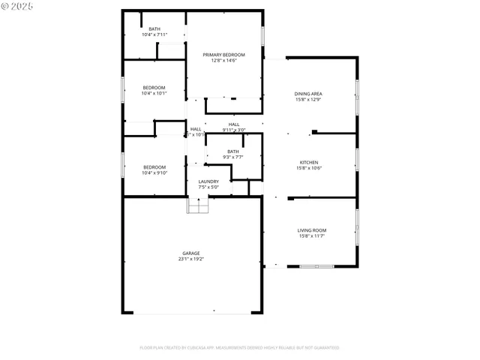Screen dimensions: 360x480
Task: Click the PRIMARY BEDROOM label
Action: [x=224, y=55]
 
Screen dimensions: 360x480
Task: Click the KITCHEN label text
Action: [x=310, y=163]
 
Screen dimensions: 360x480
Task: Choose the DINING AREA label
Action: [x=308, y=94]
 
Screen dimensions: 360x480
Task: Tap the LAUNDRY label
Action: [x=208, y=181]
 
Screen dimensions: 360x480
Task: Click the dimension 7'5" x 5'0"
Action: [x=208, y=187]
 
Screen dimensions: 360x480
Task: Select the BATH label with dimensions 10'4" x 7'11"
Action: [x=154, y=29]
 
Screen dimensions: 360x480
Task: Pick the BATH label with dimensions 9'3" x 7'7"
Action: [x=233, y=151]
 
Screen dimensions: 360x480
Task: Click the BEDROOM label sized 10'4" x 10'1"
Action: [x=154, y=88]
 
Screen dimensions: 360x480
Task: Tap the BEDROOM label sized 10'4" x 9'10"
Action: [x=154, y=166]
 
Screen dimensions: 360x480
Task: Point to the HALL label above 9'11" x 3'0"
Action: [x=234, y=124]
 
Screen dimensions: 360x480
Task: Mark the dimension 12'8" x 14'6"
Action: [x=224, y=61]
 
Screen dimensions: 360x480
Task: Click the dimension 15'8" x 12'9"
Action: [x=308, y=100]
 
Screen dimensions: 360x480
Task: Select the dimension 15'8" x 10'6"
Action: [x=310, y=169]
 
